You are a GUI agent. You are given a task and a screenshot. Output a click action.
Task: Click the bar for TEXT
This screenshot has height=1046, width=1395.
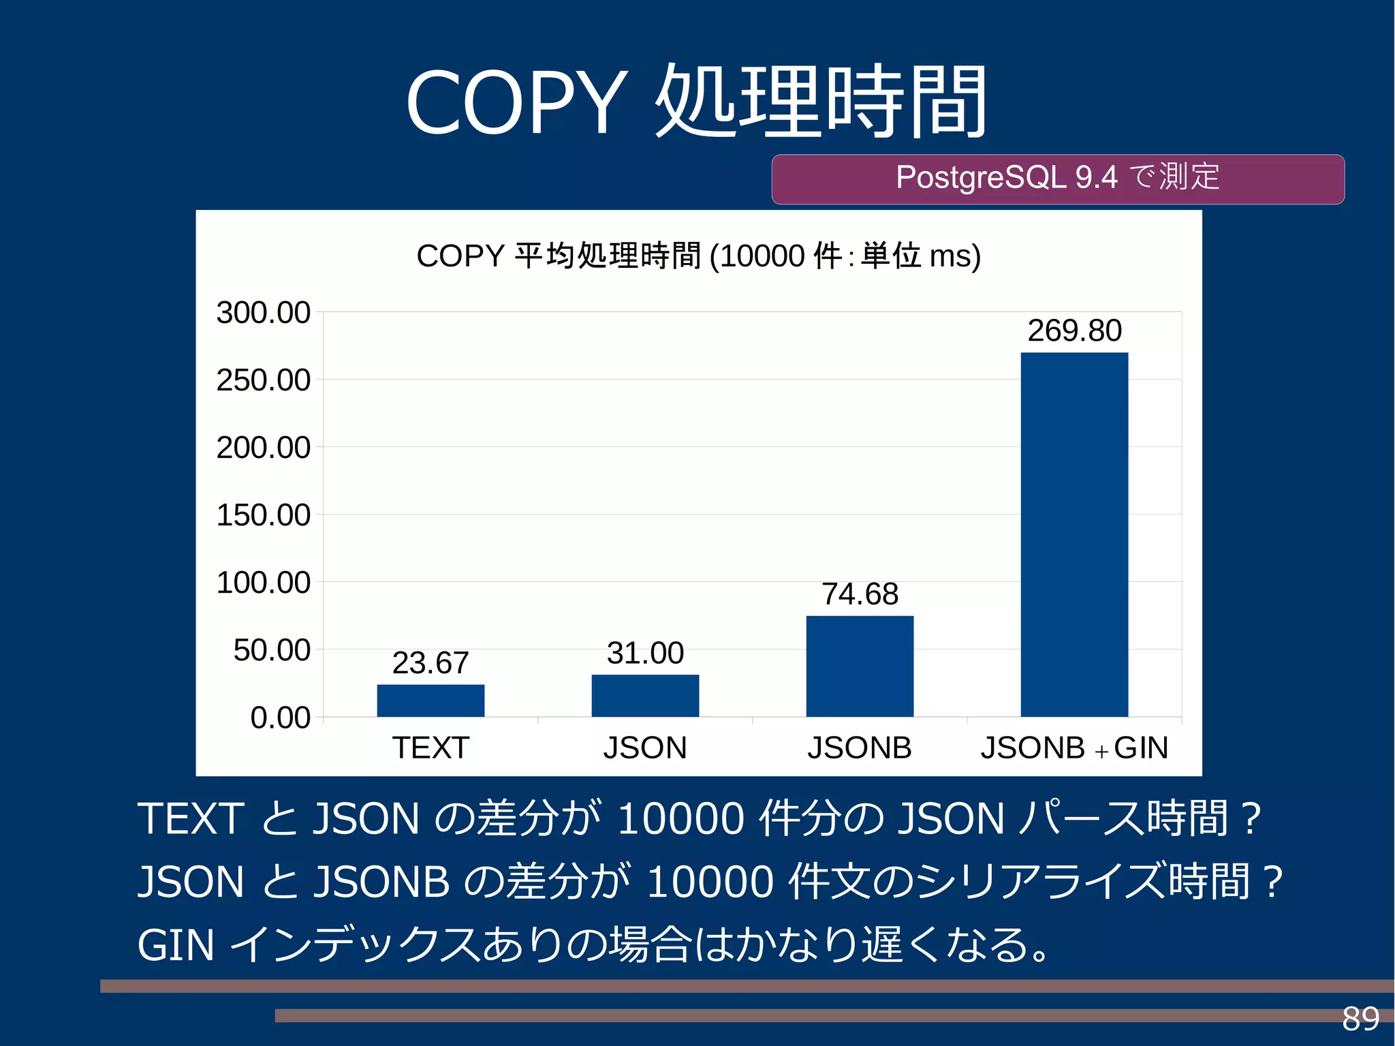pos(430,701)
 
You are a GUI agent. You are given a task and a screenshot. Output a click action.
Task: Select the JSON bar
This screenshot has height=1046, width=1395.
pos(645,696)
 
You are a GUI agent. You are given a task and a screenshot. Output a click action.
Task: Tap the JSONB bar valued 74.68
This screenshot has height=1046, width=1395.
pos(860,666)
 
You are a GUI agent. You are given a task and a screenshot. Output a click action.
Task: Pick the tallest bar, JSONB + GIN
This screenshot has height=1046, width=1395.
pos(1074,534)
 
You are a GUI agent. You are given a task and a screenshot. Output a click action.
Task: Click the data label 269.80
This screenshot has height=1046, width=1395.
pos(1074,331)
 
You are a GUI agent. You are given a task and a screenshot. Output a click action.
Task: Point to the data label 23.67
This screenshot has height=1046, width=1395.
pos(430,663)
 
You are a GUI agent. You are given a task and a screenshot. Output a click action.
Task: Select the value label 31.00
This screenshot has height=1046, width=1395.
pos(645,653)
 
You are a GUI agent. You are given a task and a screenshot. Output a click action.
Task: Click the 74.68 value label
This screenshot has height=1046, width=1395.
pos(860,594)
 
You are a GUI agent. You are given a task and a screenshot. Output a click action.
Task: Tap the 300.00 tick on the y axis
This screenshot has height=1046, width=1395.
pos(263,313)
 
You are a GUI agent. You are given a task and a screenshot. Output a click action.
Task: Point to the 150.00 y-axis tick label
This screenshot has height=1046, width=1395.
pos(263,515)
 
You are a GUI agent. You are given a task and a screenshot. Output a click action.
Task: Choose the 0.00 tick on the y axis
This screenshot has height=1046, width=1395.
pos(280,718)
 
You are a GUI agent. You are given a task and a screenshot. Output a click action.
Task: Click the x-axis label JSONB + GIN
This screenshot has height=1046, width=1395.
pos(1074,748)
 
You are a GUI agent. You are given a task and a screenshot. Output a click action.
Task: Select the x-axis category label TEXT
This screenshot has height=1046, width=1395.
pos(430,748)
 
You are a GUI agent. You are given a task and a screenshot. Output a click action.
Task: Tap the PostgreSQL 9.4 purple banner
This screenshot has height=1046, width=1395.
pos(1057,179)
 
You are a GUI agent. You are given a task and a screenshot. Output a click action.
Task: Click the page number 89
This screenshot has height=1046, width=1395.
pos(1360,1019)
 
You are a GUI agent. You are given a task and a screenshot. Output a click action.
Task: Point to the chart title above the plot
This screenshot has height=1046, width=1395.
pos(698,256)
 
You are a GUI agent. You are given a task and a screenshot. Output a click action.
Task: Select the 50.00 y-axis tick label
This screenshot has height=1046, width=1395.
pos(271,650)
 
